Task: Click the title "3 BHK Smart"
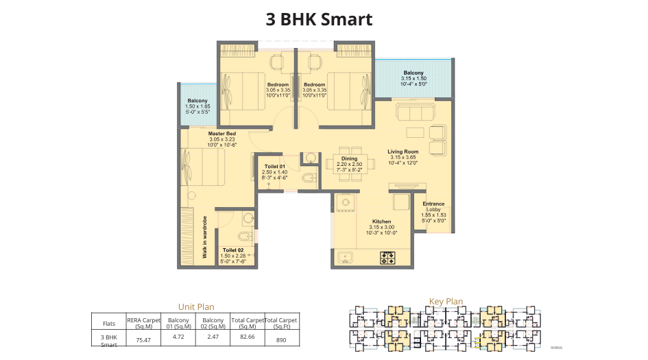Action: (319, 19)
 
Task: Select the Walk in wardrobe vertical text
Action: (204, 237)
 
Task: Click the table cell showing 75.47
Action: (143, 339)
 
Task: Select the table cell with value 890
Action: (281, 339)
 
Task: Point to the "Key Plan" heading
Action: (446, 301)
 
